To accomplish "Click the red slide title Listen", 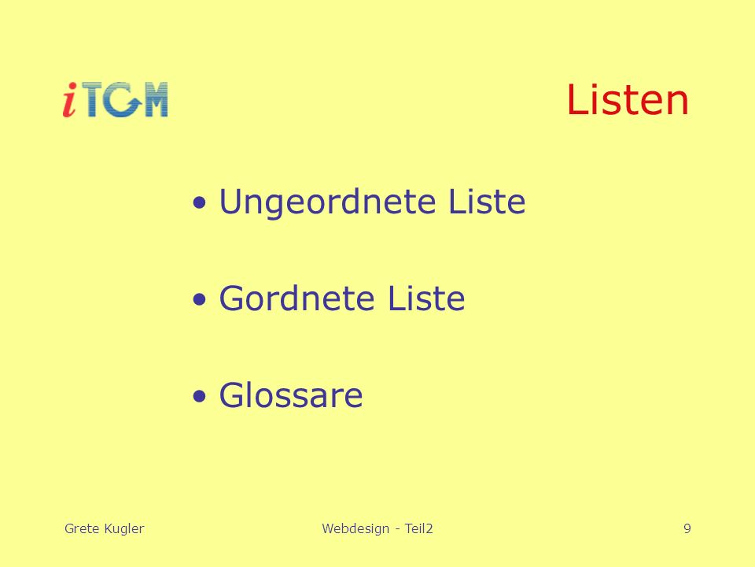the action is pos(628,99).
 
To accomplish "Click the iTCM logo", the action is pos(115,100).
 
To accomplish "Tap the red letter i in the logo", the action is pos(70,100).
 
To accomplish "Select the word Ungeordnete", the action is pos(328,202).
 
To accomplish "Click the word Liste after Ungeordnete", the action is pos(487,201).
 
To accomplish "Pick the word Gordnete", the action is pos(296,298).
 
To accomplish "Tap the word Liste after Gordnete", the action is pos(426,298).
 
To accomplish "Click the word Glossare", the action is pos(291,395).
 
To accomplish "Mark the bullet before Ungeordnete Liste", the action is pos(199,203).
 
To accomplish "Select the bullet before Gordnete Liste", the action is pos(199,300).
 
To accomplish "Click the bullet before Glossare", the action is pos(199,397).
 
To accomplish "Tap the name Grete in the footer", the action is pos(82,528).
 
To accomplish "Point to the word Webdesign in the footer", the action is pos(355,529).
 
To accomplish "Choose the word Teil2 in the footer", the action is pos(419,528).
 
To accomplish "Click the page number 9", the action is pos(687,528).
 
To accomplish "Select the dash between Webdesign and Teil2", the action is pos(397,530).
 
